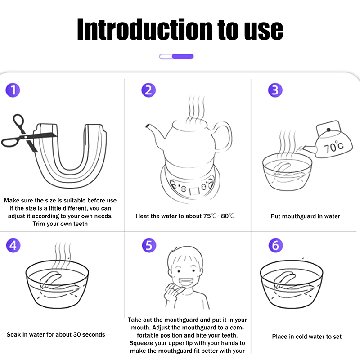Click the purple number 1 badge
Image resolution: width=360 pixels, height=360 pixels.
pyautogui.click(x=13, y=90)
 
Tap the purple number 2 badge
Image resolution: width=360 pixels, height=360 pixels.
pyautogui.click(x=148, y=90)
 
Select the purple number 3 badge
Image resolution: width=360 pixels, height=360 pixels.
pyautogui.click(x=275, y=90)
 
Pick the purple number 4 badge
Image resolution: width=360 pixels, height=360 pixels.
pyautogui.click(x=13, y=245)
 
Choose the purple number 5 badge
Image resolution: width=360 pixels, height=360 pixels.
pyautogui.click(x=149, y=245)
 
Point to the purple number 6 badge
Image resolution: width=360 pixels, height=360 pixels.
pyautogui.click(x=276, y=245)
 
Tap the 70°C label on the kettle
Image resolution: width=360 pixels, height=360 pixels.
pyautogui.click(x=334, y=147)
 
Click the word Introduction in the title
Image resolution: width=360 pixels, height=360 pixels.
pyautogui.click(x=144, y=29)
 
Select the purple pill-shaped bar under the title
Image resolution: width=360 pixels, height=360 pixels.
pyautogui.click(x=176, y=57)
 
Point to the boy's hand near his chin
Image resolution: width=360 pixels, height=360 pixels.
pyautogui.click(x=172, y=292)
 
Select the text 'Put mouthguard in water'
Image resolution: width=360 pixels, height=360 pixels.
pyautogui.click(x=306, y=216)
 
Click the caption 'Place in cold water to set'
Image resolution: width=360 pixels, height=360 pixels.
pyautogui.click(x=307, y=337)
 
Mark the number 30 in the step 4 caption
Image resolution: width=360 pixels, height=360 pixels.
pyautogui.click(x=76, y=334)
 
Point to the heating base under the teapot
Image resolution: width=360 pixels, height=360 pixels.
pyautogui.click(x=190, y=184)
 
